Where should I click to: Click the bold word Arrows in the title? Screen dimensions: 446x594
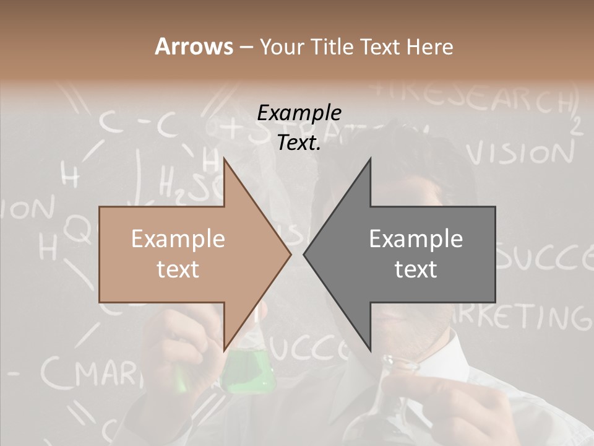(x=194, y=46)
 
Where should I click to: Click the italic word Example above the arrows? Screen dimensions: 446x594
(x=299, y=113)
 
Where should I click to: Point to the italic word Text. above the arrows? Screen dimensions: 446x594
(x=299, y=143)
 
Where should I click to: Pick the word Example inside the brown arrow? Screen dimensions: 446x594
(x=178, y=239)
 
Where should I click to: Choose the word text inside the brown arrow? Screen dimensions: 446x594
(x=178, y=269)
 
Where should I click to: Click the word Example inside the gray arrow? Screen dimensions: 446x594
(x=416, y=239)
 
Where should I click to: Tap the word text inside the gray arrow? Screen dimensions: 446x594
(x=416, y=269)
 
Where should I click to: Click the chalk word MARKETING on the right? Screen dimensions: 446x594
(x=526, y=316)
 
